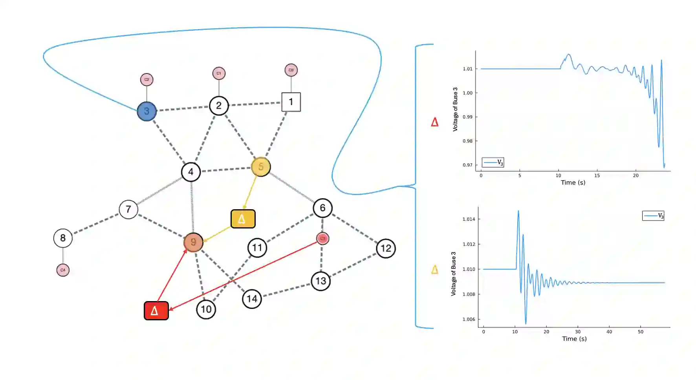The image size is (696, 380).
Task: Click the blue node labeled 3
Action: click(147, 111)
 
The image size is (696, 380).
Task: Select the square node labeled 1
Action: click(291, 102)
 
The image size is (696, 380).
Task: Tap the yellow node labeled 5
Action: click(261, 167)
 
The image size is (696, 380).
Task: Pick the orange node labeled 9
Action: click(193, 242)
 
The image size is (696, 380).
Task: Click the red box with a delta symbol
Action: click(156, 311)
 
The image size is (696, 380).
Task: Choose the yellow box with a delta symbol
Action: click(243, 219)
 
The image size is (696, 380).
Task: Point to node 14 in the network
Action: click(252, 299)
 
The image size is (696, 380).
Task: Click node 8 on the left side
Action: click(63, 238)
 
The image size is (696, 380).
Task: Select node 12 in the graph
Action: click(386, 248)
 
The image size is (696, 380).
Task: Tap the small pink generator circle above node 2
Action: click(219, 73)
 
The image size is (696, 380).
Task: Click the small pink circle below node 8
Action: click(63, 270)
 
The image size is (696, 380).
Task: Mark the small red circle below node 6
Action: click(322, 238)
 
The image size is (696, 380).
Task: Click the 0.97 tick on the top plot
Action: click(467, 165)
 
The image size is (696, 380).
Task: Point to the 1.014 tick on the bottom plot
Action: click(469, 219)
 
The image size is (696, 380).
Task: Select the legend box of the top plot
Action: click(493, 162)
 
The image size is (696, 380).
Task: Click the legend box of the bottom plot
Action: click(653, 216)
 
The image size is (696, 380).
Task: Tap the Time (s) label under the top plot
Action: click(573, 183)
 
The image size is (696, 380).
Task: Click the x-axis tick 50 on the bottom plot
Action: click(641, 332)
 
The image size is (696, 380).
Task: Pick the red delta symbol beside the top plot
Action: click(434, 122)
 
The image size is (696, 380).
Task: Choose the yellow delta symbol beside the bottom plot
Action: click(434, 270)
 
